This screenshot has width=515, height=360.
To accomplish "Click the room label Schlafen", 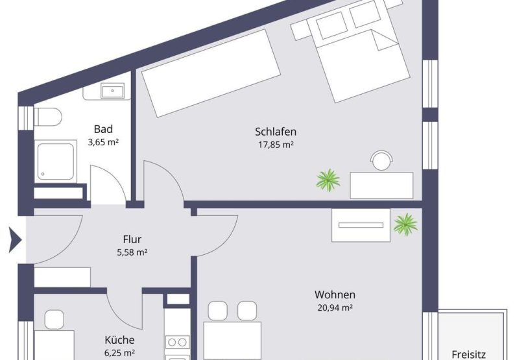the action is (276, 132).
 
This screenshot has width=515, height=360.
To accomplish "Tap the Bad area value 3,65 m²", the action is (103, 142).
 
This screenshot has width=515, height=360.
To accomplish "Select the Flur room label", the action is (132, 239).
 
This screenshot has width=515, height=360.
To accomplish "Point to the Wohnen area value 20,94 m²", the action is (335, 307).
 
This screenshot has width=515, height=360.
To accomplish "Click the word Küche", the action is (119, 340).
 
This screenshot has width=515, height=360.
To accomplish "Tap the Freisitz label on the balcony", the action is (469, 355).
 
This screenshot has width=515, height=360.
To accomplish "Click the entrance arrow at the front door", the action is (15, 240).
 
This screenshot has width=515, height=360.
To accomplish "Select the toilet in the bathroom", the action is (48, 117).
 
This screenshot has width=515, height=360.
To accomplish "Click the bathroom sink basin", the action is (113, 91).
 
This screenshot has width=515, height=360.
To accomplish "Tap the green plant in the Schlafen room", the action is (328, 180).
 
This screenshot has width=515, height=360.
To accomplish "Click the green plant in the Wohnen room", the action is (405, 224).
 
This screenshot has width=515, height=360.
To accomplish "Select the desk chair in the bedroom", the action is (381, 160).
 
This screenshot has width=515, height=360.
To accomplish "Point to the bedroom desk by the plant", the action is (381, 186).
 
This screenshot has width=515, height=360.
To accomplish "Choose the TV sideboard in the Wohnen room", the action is (361, 225).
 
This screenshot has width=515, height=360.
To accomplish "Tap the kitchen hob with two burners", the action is (177, 342).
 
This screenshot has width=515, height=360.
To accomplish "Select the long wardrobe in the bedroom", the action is (211, 73).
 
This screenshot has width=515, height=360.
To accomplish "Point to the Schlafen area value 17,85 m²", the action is (276, 145).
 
